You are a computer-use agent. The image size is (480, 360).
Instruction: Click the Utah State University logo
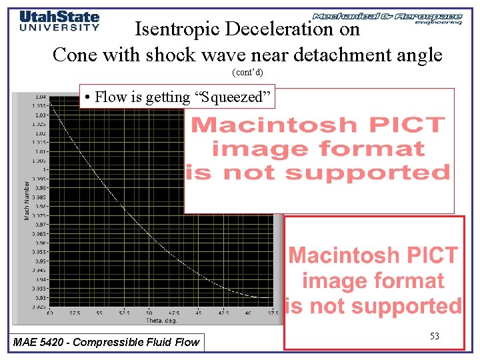click(59, 21)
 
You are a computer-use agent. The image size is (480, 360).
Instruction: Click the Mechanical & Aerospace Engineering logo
click(387, 18)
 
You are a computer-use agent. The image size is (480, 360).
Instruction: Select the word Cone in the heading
click(73, 54)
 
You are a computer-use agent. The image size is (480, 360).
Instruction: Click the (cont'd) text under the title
click(247, 71)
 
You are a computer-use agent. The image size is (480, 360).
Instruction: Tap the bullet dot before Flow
click(87, 97)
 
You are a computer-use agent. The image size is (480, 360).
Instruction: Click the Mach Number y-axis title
click(27, 199)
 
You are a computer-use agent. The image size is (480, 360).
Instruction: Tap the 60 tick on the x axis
click(51, 312)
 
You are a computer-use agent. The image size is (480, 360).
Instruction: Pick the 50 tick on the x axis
click(149, 312)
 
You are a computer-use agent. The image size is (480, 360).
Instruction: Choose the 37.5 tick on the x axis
click(273, 312)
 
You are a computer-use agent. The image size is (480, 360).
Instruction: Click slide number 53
click(434, 337)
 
